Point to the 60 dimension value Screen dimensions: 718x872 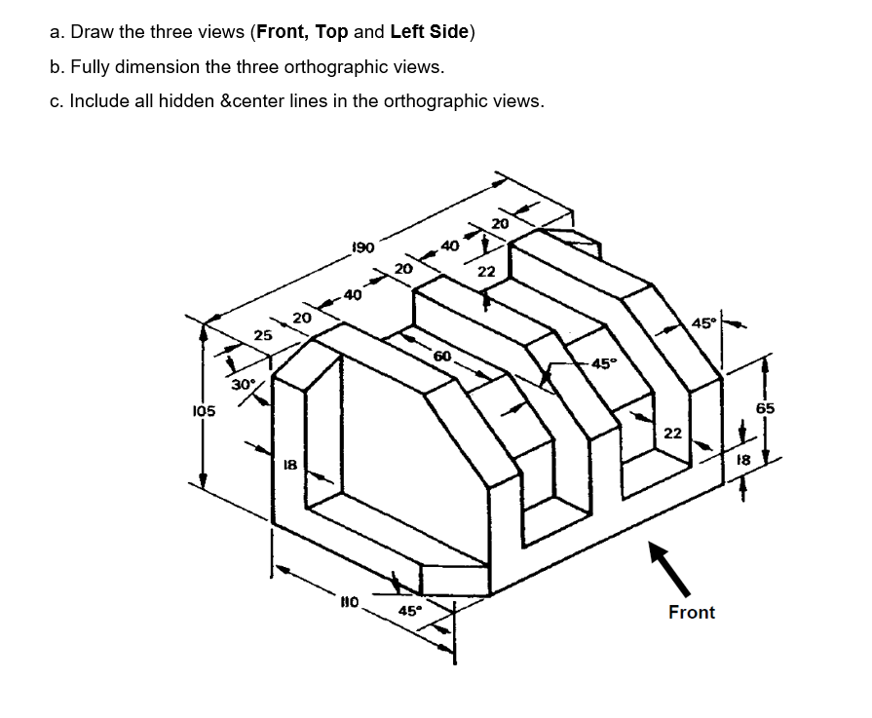pyautogui.click(x=441, y=357)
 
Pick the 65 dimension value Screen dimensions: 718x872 pyautogui.click(x=765, y=408)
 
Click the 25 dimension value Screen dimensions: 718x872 pyautogui.click(x=262, y=335)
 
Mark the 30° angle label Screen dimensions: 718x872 pyautogui.click(x=243, y=384)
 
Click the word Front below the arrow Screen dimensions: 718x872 pyautogui.click(x=691, y=612)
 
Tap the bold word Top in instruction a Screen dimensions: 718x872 pyautogui.click(x=331, y=32)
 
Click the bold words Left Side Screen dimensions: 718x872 pyautogui.click(x=430, y=32)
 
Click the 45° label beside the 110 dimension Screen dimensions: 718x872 pyautogui.click(x=409, y=611)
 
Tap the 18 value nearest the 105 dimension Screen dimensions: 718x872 pyautogui.click(x=288, y=466)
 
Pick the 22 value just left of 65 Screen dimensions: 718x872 pyautogui.click(x=673, y=433)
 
